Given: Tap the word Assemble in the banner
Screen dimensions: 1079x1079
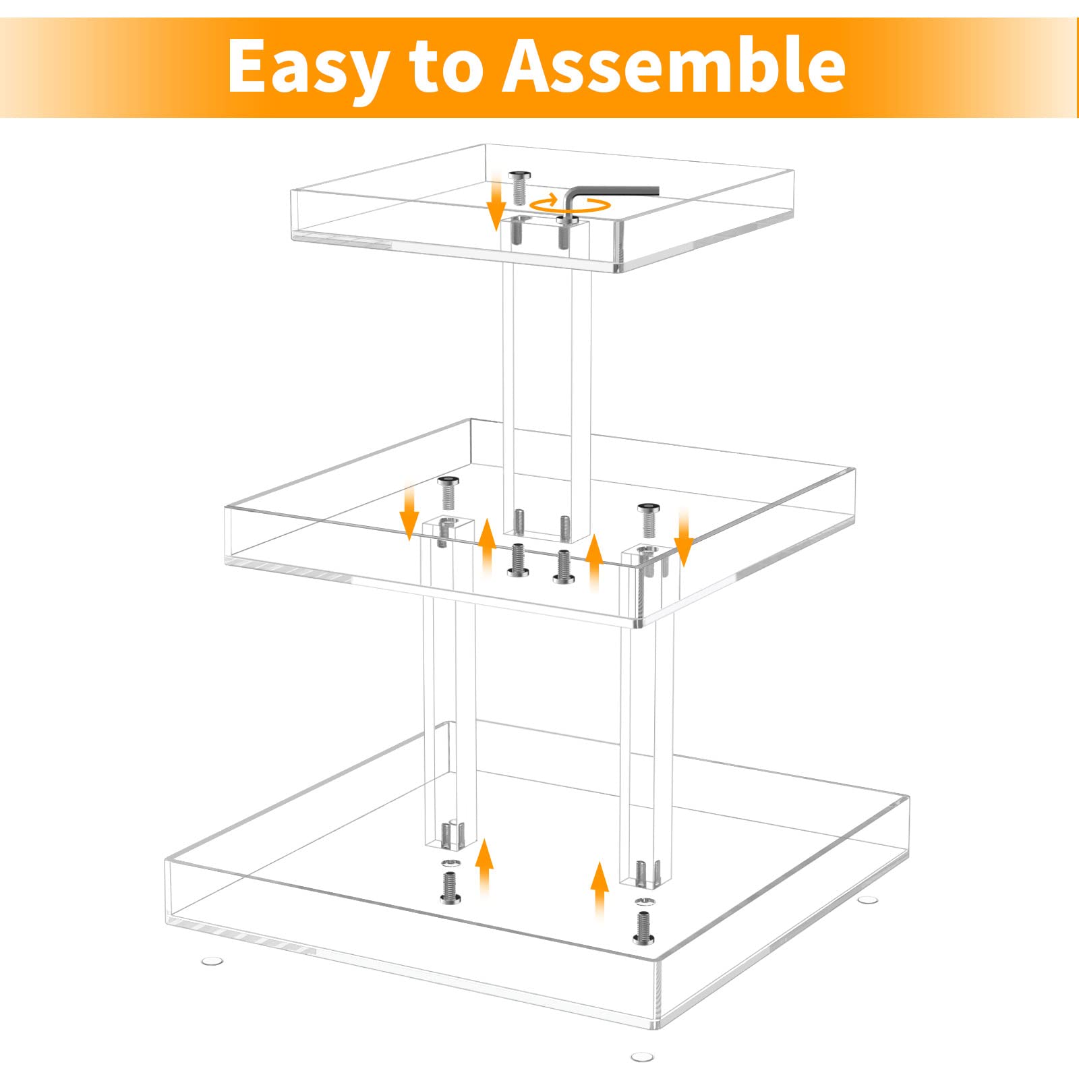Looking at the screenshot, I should pyautogui.click(x=675, y=65).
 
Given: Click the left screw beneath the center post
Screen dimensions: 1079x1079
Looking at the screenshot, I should pyautogui.click(x=517, y=560).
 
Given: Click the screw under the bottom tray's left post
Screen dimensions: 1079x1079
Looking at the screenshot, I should pyautogui.click(x=449, y=887).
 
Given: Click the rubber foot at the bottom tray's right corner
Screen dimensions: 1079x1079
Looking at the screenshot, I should pyautogui.click(x=869, y=899).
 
